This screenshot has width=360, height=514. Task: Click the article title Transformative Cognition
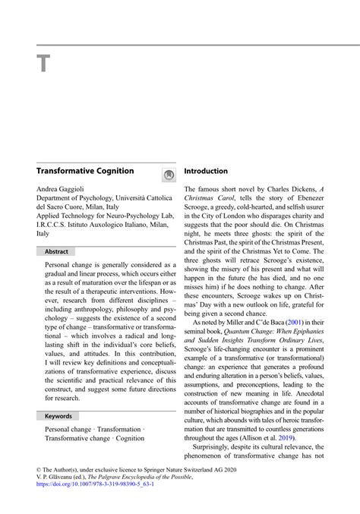[85, 172]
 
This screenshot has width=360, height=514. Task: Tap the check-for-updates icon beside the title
[169, 175]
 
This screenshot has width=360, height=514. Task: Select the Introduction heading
[206, 172]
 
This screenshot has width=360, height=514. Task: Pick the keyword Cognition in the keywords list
[130, 438]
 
